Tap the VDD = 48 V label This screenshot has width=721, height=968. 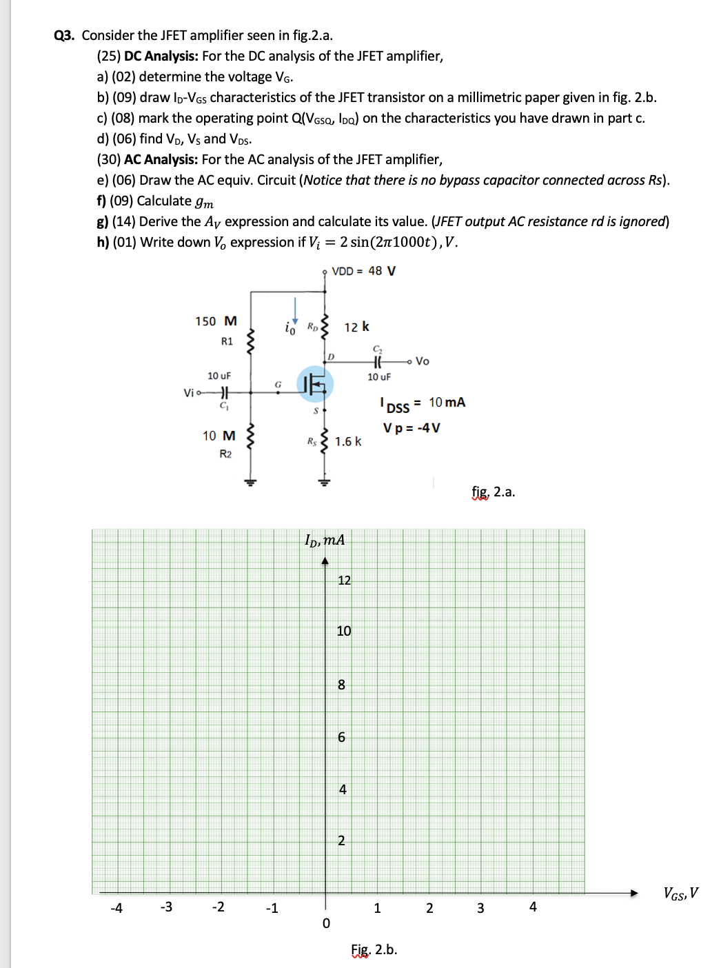[x=363, y=271]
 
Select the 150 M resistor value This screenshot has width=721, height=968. [x=216, y=321]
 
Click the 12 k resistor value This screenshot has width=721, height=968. [x=356, y=327]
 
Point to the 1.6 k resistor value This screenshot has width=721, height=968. [x=348, y=441]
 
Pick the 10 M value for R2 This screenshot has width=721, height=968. [x=219, y=436]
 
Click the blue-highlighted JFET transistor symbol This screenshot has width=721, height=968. [x=315, y=384]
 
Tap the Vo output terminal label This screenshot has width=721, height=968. [x=422, y=361]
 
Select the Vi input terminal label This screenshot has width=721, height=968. [x=189, y=393]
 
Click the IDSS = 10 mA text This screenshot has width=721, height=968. [x=423, y=404]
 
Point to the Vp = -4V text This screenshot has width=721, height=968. [x=412, y=428]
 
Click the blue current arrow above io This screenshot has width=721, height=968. [x=296, y=310]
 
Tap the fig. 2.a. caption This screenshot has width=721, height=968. [x=493, y=492]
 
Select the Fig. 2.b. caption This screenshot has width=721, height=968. [x=374, y=949]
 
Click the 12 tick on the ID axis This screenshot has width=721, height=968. [x=344, y=581]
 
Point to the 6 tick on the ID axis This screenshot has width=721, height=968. [x=341, y=737]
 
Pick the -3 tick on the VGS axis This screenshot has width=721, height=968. [x=166, y=907]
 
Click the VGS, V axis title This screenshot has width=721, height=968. [x=680, y=894]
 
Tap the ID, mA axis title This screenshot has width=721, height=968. [x=325, y=540]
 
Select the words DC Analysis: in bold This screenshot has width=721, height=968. [x=161, y=57]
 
